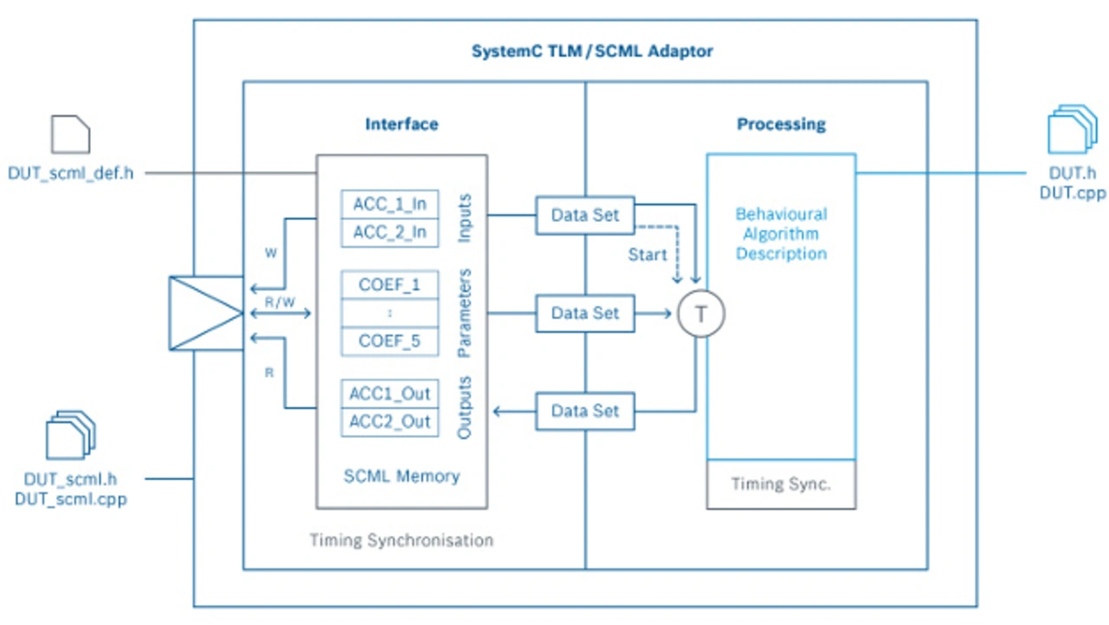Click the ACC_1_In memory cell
point(390,205)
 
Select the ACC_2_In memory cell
point(390,232)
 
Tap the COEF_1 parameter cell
point(390,286)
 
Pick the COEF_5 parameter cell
point(390,341)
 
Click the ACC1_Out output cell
point(390,394)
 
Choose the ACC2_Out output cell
point(390,422)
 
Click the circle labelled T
point(700,314)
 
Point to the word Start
point(648,255)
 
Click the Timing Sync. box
point(781,484)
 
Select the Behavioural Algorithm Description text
point(781,233)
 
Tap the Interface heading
point(401,124)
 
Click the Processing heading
point(781,124)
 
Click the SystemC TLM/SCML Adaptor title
point(592,51)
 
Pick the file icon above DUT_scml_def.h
point(70,136)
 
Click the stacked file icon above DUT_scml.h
point(70,436)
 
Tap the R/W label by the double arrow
point(279,303)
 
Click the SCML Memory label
point(401,476)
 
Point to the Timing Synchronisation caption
point(401,540)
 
